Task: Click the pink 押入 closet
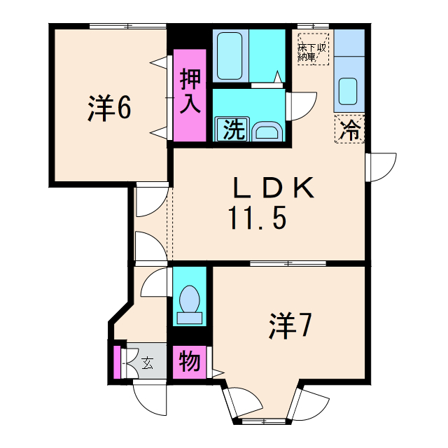coord(190,94)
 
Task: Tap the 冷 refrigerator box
coord(349,129)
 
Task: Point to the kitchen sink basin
coord(349,90)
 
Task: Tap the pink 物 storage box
coord(190,363)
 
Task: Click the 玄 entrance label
coord(148,363)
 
